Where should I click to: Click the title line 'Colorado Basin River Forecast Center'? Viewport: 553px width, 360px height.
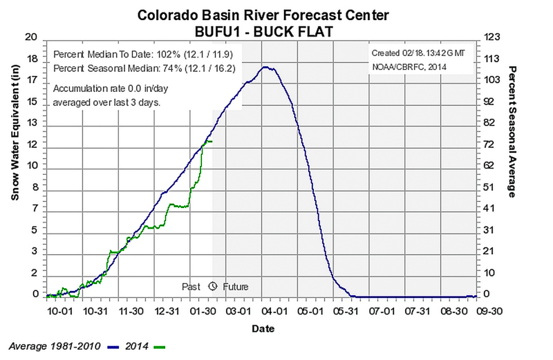[276, 15]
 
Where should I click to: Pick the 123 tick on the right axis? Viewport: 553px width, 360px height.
[489, 37]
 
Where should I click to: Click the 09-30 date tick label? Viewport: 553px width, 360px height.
[478, 312]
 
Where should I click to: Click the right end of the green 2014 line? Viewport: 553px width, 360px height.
[212, 142]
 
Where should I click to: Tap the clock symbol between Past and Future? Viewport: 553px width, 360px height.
[212, 286]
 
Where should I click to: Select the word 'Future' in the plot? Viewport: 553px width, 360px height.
[235, 286]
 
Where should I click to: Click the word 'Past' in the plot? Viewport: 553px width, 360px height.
[191, 286]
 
